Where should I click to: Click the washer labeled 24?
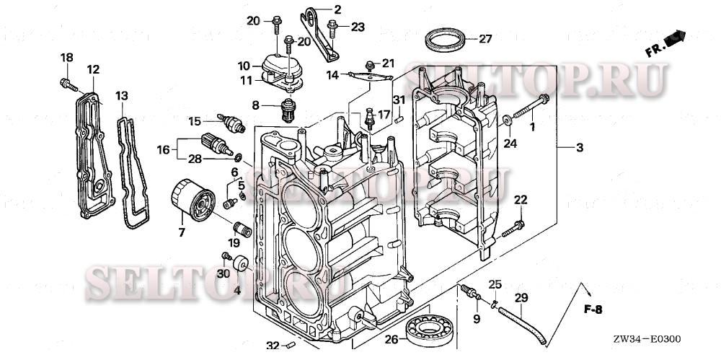point(508,120)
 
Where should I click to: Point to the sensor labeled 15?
point(231,124)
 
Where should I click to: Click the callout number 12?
point(93,69)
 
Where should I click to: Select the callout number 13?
point(122,95)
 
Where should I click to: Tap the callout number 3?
point(579,148)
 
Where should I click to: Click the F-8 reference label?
point(592,310)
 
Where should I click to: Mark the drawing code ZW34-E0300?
point(647,339)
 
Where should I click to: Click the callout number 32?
point(271,346)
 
